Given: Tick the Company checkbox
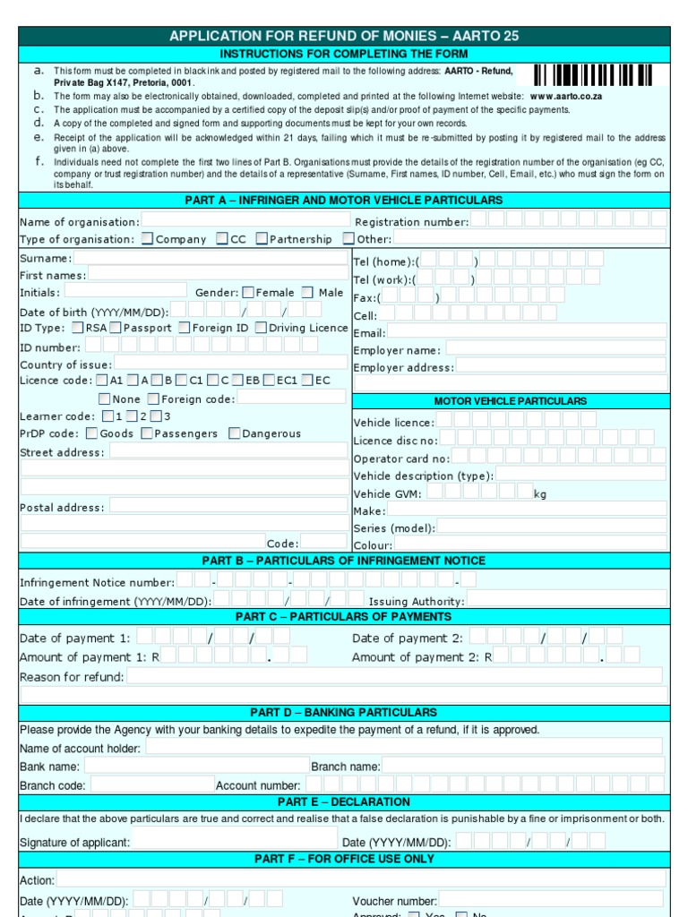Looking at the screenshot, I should click(148, 239).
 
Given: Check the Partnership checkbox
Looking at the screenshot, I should click(262, 239).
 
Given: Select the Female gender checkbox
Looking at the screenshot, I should click(248, 292).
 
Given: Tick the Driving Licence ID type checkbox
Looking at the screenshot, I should click(261, 328).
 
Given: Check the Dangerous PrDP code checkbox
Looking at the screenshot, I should click(234, 433).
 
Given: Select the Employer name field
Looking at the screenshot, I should click(555, 349).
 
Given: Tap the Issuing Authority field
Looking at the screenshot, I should click(566, 600).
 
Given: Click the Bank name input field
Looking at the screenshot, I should click(194, 766).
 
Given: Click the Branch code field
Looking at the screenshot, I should click(151, 784).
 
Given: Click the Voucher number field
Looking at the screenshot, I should click(550, 900).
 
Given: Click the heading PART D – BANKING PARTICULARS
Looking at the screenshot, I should click(344, 713).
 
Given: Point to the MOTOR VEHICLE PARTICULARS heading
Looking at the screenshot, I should click(511, 401).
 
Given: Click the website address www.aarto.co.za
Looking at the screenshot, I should click(566, 96).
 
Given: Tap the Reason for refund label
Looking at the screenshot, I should click(72, 677).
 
